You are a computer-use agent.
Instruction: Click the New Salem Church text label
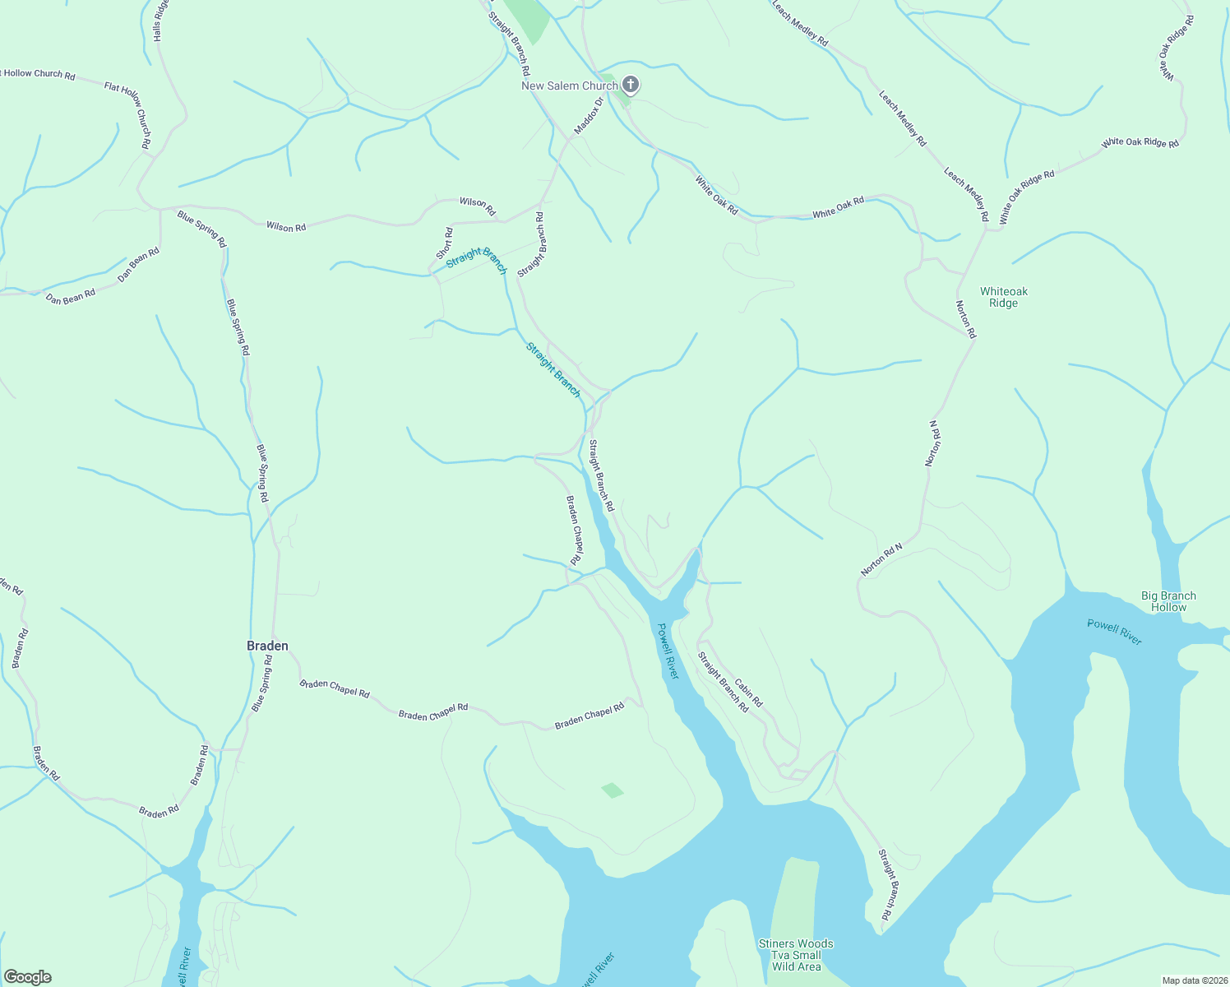point(569,86)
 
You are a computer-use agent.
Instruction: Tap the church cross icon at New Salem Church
point(631,84)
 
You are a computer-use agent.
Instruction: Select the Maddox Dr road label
point(589,116)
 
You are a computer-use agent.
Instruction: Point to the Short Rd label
point(445,243)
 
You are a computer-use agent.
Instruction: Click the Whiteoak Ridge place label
point(1003,297)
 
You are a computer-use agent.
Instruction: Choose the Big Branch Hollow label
point(1168,601)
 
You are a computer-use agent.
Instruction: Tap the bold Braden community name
point(267,646)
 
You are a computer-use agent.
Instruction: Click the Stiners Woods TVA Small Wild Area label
point(796,955)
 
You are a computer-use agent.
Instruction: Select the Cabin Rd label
point(748,693)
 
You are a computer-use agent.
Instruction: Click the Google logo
point(27,977)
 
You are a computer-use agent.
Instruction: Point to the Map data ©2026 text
point(1194,980)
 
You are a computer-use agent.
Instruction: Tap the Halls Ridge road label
point(160,21)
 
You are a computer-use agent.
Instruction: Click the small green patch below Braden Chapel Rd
point(613,790)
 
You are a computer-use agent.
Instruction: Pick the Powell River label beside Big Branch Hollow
point(1114,632)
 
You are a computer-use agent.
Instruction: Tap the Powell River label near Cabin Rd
point(668,651)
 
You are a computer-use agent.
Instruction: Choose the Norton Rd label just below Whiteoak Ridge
point(965,319)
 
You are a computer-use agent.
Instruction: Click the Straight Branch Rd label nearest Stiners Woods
point(886,885)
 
